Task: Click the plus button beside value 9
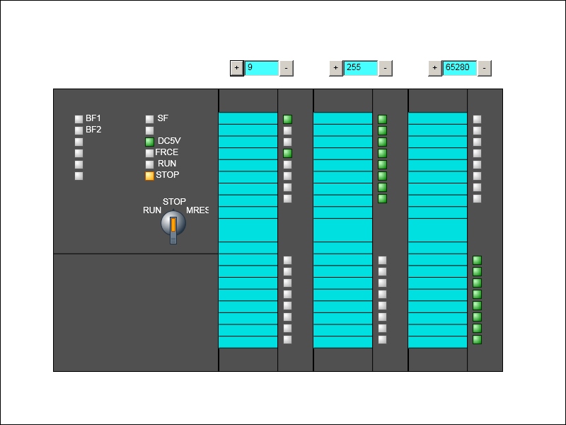coord(237,68)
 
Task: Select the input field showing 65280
coord(459,68)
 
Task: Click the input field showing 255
coord(360,68)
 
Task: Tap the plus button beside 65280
coord(435,68)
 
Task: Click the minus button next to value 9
coord(287,68)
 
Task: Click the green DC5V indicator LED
coord(149,142)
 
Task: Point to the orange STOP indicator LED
coord(149,176)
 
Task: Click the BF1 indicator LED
coord(79,119)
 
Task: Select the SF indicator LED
coord(149,119)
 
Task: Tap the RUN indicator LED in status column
coord(149,164)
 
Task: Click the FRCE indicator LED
coord(149,153)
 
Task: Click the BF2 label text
coord(93,130)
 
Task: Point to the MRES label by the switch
coord(197,210)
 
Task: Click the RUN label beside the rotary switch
coord(152,210)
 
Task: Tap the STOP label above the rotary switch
coord(174,201)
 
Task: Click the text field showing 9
coord(261,68)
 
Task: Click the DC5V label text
coord(169,140)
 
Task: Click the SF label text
coord(163,118)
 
